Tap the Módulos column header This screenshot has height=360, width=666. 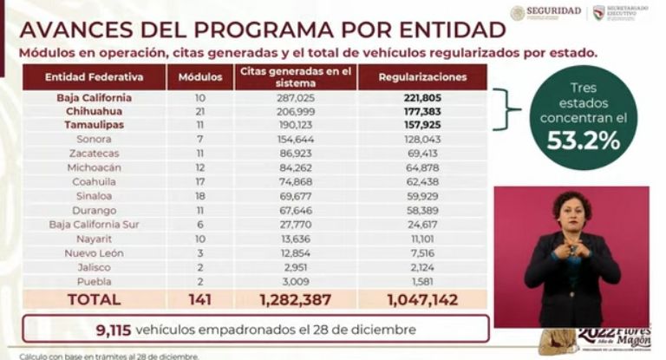click(x=200, y=76)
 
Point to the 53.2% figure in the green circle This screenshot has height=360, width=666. click(x=582, y=141)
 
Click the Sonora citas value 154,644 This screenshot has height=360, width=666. click(x=295, y=139)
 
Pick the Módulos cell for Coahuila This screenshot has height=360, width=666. click(x=200, y=195)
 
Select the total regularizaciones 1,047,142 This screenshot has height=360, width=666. click(x=422, y=299)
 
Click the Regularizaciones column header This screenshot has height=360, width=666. click(x=422, y=76)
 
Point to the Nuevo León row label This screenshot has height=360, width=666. click(x=94, y=252)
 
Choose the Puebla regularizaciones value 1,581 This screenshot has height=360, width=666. click(x=422, y=280)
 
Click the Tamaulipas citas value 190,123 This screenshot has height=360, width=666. click(x=295, y=125)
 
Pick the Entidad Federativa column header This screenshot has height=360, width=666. click(x=94, y=76)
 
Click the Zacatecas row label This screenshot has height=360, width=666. click(x=94, y=153)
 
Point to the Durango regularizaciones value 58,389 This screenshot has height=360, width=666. click(x=422, y=210)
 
